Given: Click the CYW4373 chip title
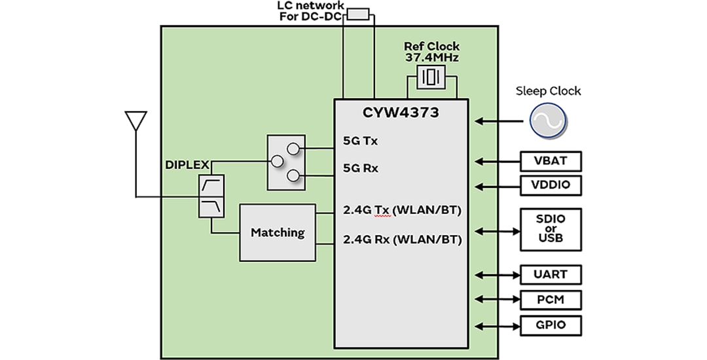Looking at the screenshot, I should [401, 113].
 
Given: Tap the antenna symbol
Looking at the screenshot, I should [135, 121].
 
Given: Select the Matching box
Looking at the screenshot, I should [278, 232].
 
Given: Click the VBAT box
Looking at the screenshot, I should [551, 161].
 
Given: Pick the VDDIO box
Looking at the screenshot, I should [551, 185].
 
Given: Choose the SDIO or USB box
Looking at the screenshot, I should [551, 229].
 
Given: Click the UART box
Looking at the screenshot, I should [551, 274].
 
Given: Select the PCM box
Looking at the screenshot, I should [551, 300].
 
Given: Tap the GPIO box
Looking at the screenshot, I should [551, 325].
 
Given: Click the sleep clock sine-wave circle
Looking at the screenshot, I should [548, 121].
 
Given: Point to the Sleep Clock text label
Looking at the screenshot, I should [548, 91].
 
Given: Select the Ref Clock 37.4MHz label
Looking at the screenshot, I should [431, 52].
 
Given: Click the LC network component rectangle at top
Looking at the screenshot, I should [358, 13].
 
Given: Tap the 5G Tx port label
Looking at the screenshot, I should [361, 140].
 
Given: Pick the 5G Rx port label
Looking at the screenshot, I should [361, 168].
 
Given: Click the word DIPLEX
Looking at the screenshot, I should [185, 164].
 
